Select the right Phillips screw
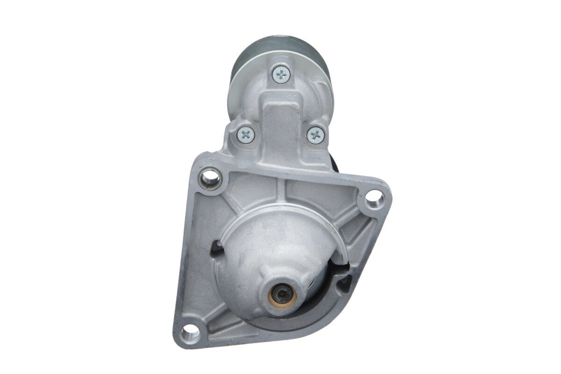pos(316,135)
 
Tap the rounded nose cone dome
pos(276,248)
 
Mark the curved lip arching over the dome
pos(280,208)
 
